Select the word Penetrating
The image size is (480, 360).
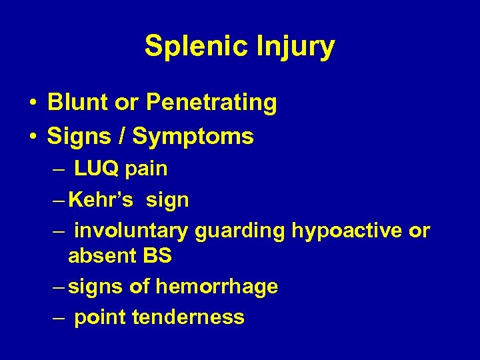[211, 103]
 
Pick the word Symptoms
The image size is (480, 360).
[193, 137]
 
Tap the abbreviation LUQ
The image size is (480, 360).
[96, 169]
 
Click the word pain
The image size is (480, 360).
[146, 169]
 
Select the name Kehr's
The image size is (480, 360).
[97, 199]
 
